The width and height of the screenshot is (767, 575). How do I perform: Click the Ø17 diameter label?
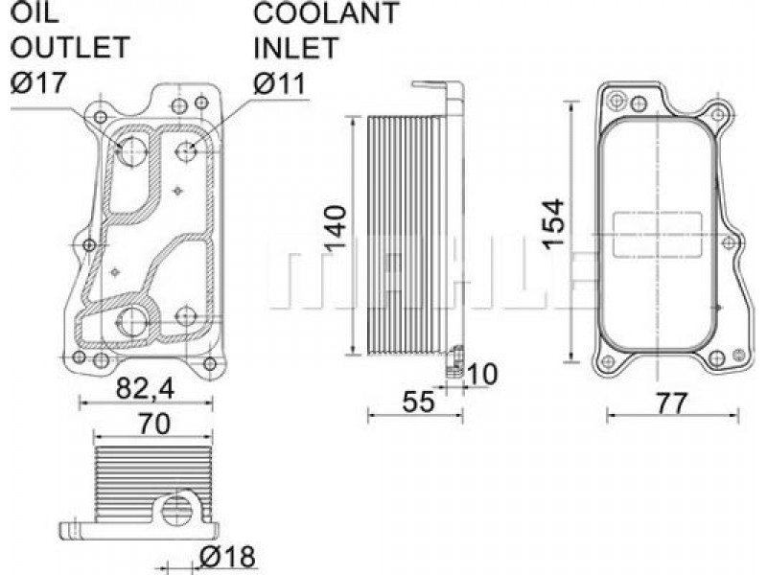(x=38, y=82)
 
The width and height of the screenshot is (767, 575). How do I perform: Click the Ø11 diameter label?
(x=279, y=82)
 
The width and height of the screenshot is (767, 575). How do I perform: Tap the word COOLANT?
(x=326, y=12)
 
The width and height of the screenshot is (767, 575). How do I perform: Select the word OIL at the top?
(x=35, y=12)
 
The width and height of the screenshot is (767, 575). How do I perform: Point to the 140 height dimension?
(x=336, y=229)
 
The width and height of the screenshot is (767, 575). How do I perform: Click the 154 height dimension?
(x=554, y=223)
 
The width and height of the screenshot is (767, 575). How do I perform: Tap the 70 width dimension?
(x=153, y=424)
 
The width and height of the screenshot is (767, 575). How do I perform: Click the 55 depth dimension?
(x=418, y=402)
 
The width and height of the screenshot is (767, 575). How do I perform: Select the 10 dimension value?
(x=482, y=374)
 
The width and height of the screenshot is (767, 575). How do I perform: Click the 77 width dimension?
(x=672, y=403)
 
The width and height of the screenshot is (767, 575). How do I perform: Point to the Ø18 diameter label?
(x=227, y=556)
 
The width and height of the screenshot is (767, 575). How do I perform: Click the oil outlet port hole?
(x=132, y=150)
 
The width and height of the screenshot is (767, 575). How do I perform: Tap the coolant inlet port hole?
(x=187, y=150)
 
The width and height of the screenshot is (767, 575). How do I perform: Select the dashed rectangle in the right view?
(x=657, y=235)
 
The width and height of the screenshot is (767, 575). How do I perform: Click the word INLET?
(x=295, y=47)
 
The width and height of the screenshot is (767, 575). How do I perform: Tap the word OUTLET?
(x=69, y=47)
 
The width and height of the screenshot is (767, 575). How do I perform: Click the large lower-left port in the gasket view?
(x=131, y=322)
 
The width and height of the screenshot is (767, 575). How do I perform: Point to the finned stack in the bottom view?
(x=153, y=483)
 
